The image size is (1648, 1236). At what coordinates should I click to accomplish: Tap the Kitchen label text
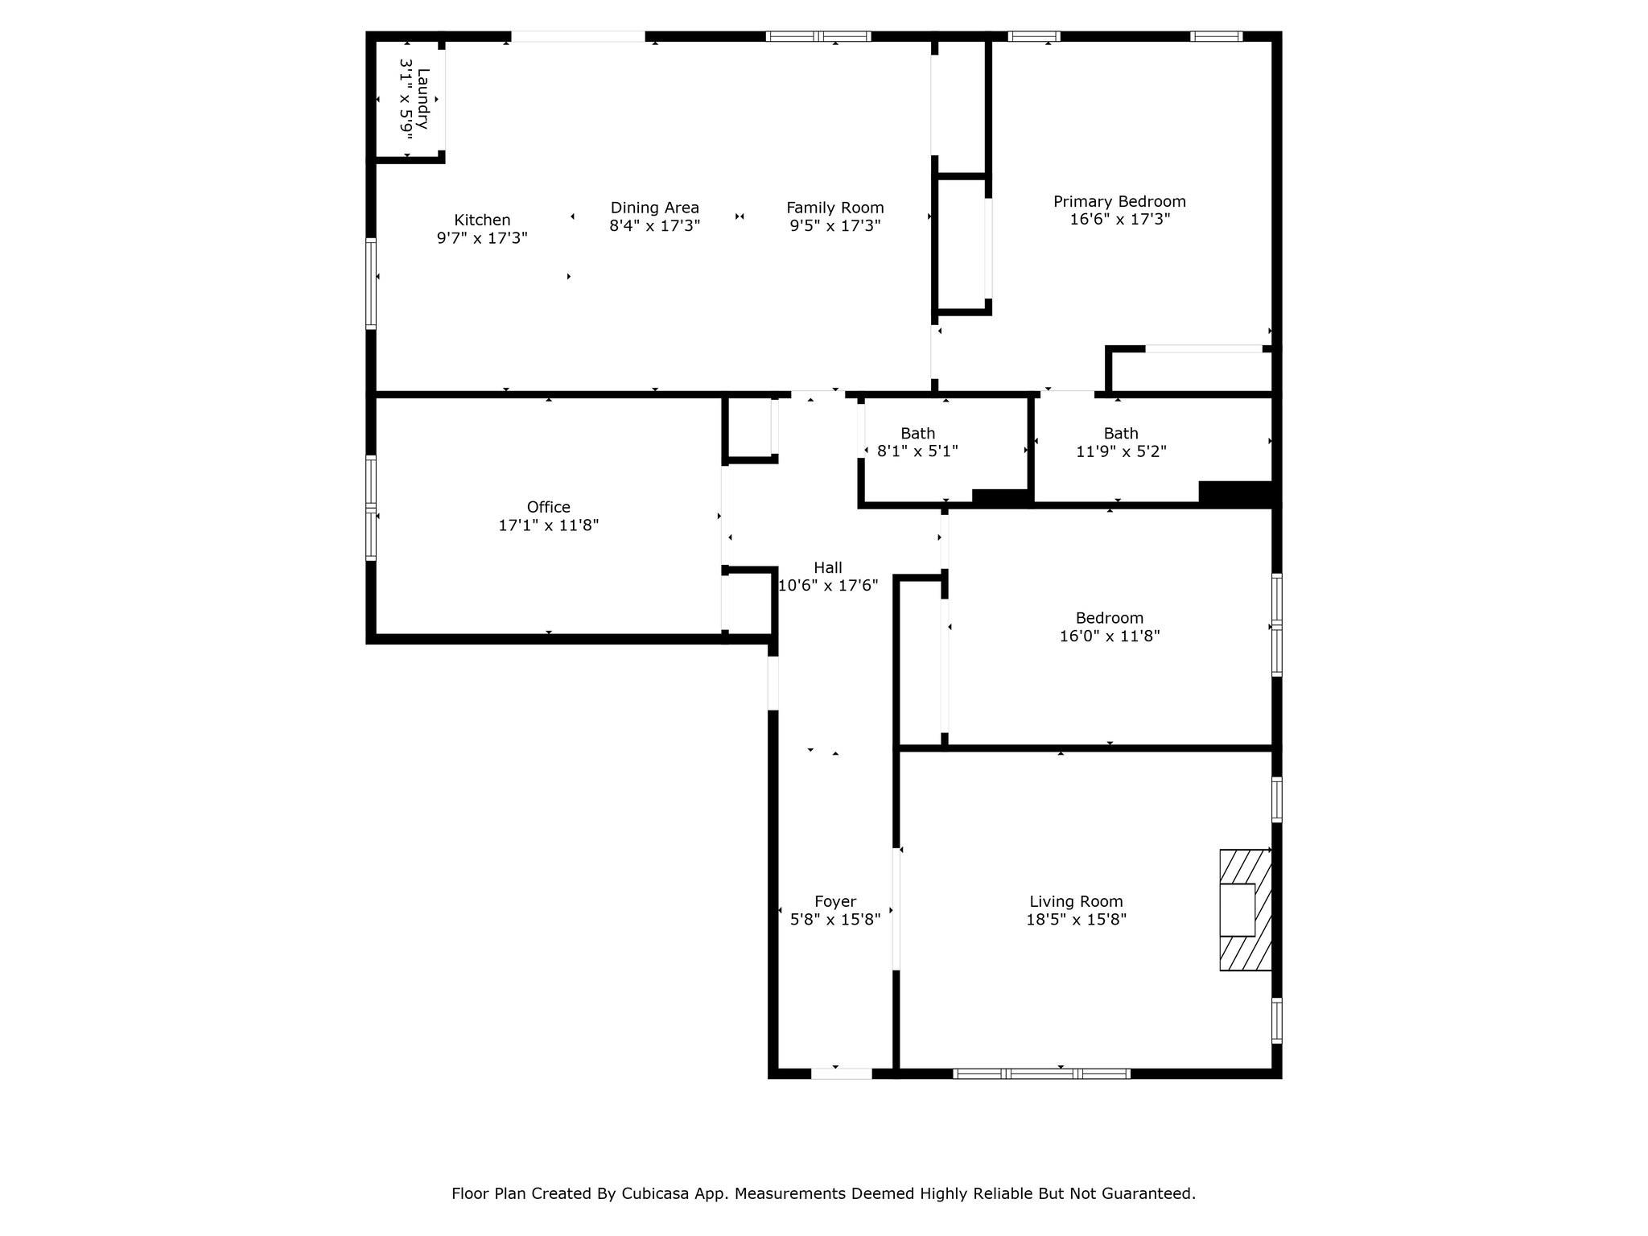click(482, 220)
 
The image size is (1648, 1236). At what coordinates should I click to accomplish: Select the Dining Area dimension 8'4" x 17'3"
click(655, 226)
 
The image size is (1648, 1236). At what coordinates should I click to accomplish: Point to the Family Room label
click(835, 208)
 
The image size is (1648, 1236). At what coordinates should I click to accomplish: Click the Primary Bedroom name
click(1119, 201)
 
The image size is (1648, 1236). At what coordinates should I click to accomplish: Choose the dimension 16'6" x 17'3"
click(1119, 219)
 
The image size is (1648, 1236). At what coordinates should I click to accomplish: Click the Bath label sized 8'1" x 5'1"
click(917, 433)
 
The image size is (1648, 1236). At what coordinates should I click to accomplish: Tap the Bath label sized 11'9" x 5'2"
click(1121, 433)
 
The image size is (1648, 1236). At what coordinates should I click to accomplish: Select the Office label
click(549, 507)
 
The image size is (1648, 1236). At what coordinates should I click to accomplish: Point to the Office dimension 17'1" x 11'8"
click(549, 525)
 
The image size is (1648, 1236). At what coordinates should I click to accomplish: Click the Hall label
click(828, 567)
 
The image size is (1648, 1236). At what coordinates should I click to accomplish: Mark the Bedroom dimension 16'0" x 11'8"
click(1110, 637)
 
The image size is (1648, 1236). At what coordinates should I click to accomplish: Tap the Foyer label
click(835, 902)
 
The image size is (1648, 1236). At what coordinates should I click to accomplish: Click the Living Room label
click(1076, 902)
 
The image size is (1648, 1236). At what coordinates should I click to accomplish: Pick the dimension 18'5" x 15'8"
click(1076, 920)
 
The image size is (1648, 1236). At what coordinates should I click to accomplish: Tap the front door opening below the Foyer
click(842, 1073)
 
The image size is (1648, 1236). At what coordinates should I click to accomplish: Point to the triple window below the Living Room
click(1042, 1073)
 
